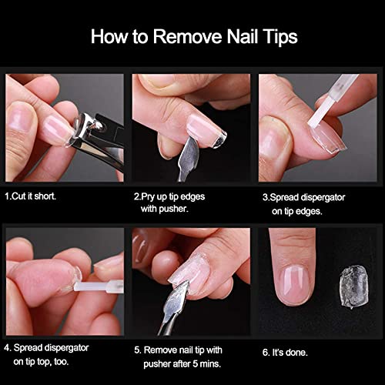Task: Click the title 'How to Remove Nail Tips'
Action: pyautogui.click(x=193, y=36)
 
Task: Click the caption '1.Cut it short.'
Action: pyautogui.click(x=30, y=196)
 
